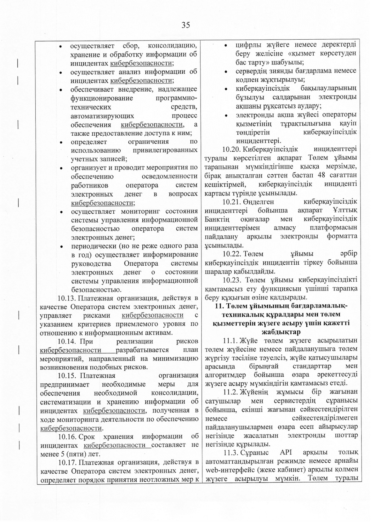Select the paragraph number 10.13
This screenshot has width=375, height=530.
tap(66, 298)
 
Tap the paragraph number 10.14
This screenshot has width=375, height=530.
tap(66, 341)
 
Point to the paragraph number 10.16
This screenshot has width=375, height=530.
tap(66, 437)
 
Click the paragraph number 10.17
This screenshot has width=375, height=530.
tap(66, 462)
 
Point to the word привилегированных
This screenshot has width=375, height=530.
tap(165, 150)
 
